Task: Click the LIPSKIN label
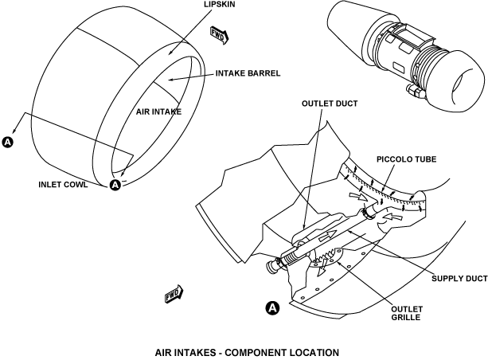click(x=220, y=4)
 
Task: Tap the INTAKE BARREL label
click(x=248, y=73)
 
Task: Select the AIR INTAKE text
click(x=158, y=112)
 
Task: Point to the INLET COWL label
click(x=63, y=185)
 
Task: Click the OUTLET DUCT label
click(x=330, y=104)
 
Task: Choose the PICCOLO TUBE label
click(x=407, y=159)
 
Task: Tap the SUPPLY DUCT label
click(x=459, y=279)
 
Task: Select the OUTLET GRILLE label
click(x=407, y=313)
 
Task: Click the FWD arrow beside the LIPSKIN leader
click(x=220, y=35)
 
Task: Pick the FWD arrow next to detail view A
click(x=174, y=294)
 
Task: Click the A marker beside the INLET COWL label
click(x=115, y=185)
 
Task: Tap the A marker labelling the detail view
click(x=272, y=308)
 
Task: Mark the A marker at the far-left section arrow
click(x=8, y=142)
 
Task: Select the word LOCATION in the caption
click(x=314, y=353)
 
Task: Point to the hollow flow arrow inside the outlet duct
click(x=328, y=236)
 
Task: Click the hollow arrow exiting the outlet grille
click(x=322, y=267)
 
